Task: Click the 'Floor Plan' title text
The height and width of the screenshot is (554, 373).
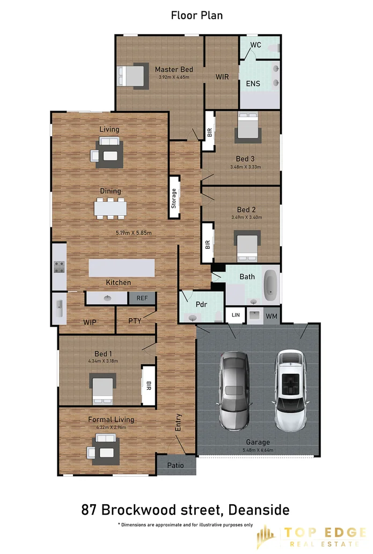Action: pyautogui.click(x=196, y=15)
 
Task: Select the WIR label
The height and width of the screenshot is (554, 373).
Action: pyautogui.click(x=222, y=77)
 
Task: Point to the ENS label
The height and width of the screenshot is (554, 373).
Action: pyautogui.click(x=253, y=84)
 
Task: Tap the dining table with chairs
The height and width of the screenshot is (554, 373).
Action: pyautogui.click(x=110, y=208)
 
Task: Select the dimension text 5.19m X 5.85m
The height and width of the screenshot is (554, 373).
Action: pyautogui.click(x=134, y=233)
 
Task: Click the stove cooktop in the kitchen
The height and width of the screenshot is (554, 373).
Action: pyautogui.click(x=58, y=267)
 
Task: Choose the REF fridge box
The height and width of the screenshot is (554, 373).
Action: pyautogui.click(x=142, y=298)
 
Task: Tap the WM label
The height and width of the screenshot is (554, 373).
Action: pyautogui.click(x=272, y=316)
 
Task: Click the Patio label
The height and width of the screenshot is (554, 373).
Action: pyautogui.click(x=175, y=465)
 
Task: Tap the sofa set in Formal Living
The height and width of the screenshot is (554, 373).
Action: pyautogui.click(x=105, y=448)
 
